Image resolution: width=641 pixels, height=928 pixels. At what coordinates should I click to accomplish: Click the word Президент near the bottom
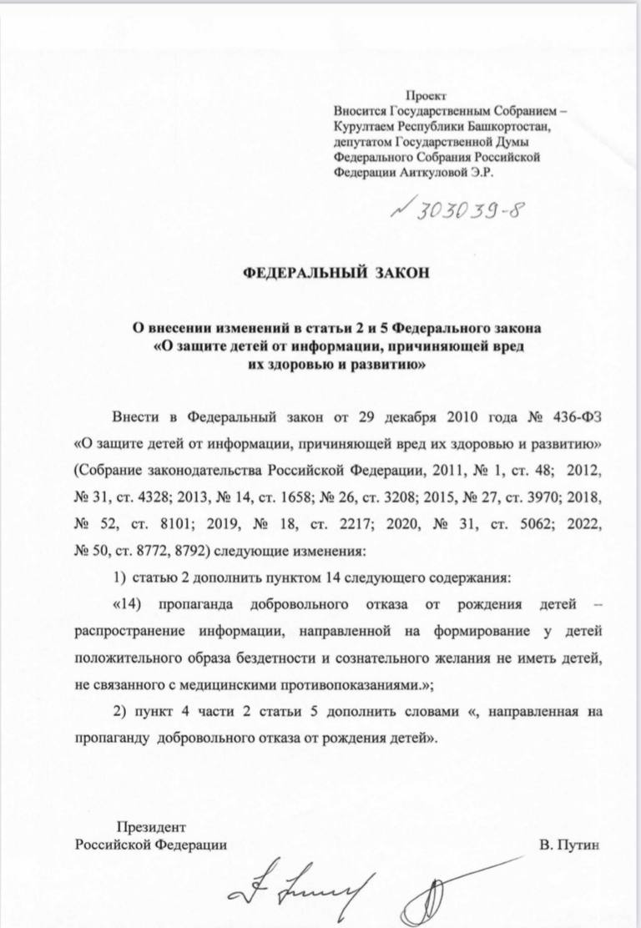pyautogui.click(x=149, y=828)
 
